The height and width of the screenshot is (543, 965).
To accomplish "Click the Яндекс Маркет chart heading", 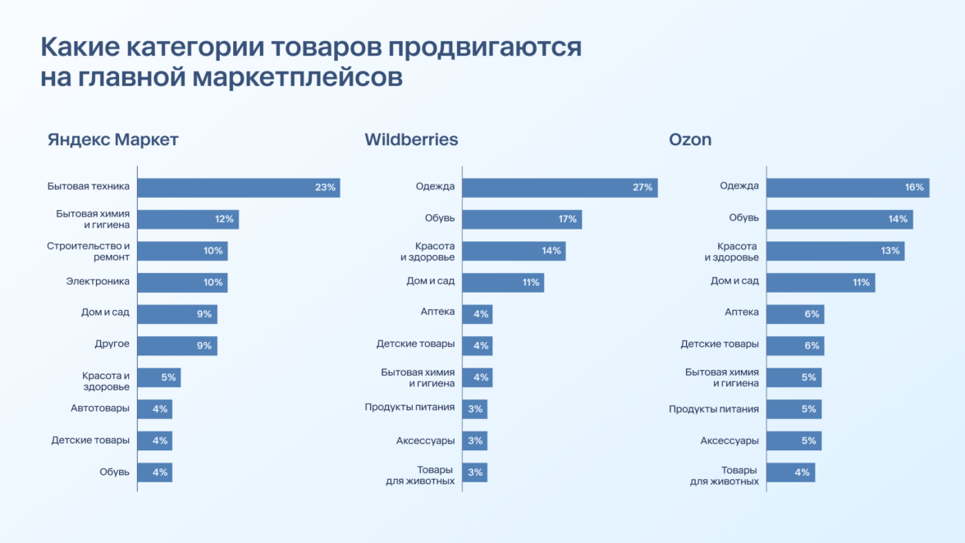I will tap(112, 139).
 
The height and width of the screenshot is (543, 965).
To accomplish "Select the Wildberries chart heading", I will tap(411, 139).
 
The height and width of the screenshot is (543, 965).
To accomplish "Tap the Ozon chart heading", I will tap(690, 139).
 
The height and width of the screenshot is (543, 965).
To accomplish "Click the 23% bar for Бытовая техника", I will tap(238, 187).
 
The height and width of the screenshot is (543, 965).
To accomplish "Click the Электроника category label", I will tap(98, 282).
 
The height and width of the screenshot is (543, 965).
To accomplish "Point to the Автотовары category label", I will tap(100, 408).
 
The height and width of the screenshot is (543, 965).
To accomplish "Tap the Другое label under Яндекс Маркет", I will tap(112, 345).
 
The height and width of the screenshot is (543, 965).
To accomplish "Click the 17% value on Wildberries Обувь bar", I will tap(567, 219).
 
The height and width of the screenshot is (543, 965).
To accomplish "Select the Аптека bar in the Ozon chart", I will tap(794, 314).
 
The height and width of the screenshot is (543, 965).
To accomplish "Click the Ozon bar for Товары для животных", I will tap(790, 472).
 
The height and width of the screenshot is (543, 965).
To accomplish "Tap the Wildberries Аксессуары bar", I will tap(474, 440).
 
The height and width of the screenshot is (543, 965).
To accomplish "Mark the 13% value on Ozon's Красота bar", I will tap(890, 251).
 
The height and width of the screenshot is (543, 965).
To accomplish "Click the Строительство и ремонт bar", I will tap(182, 251).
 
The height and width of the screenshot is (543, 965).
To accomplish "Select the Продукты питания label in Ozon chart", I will tap(713, 408).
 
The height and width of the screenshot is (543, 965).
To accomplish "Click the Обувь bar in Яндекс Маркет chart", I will tap(154, 472).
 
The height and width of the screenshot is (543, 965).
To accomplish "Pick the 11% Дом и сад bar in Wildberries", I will tap(502, 282).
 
